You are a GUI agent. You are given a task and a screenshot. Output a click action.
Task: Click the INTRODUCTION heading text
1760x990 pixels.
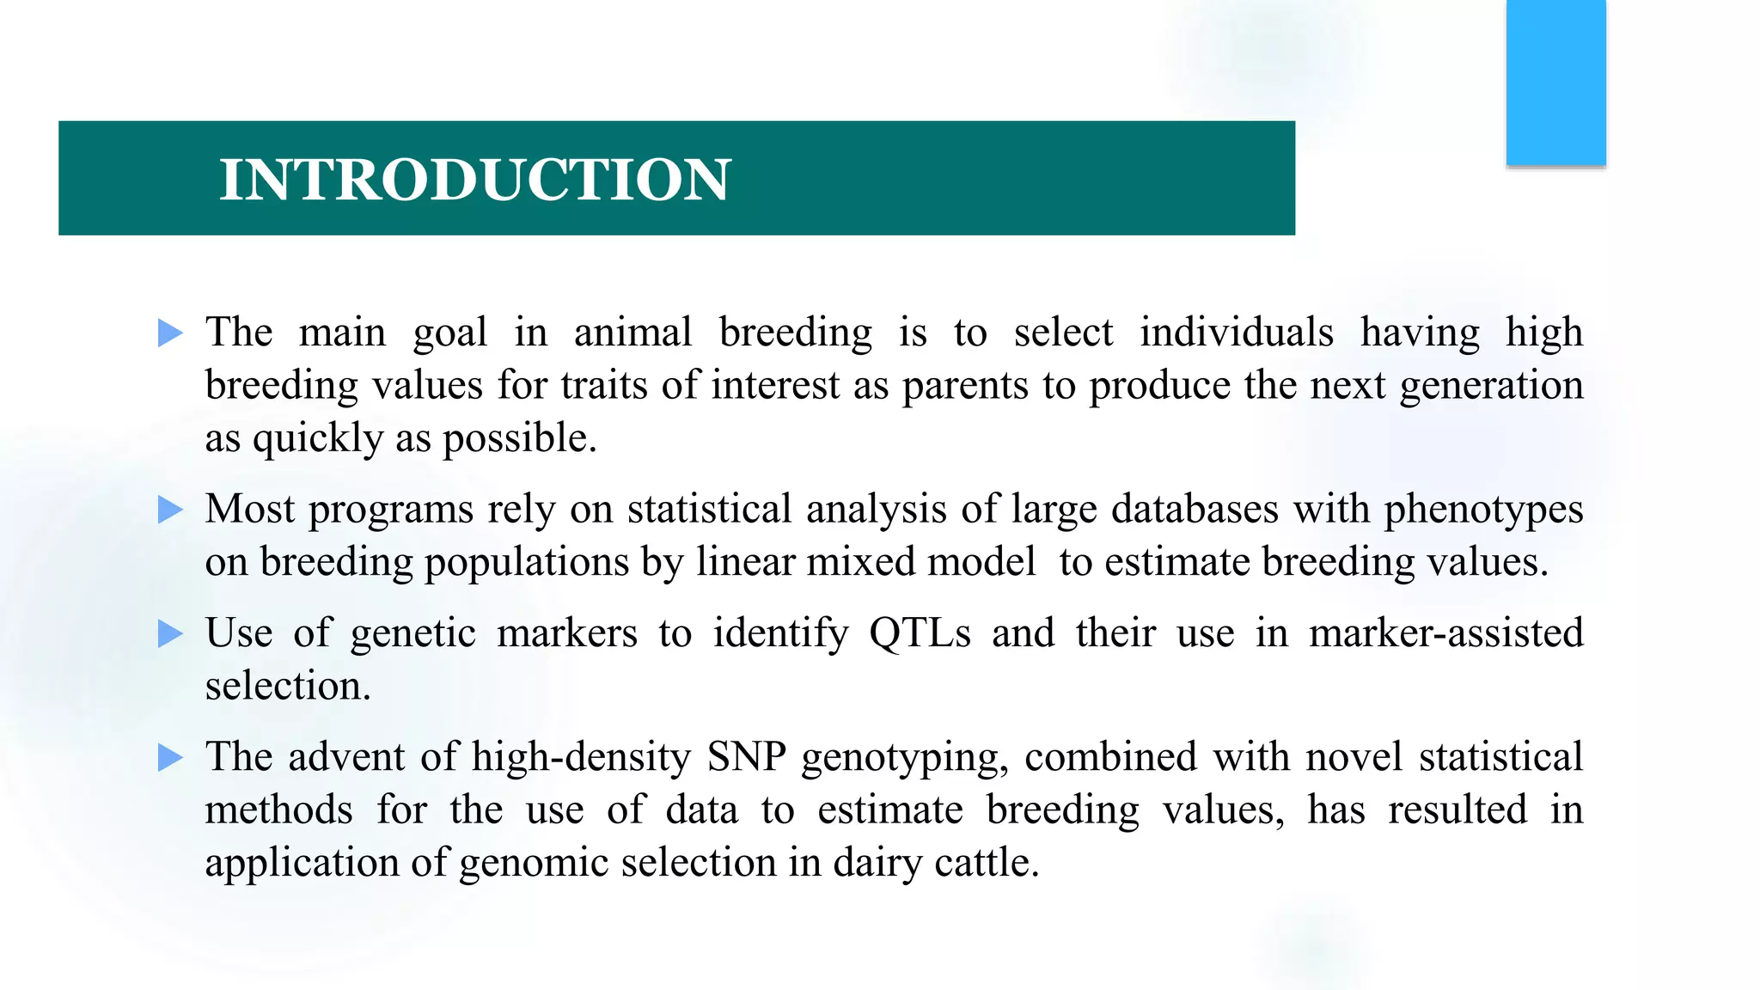[474, 180]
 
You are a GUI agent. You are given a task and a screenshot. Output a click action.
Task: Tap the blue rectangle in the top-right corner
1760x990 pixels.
[1555, 82]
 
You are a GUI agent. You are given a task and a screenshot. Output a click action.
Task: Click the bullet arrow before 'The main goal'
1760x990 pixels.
[170, 333]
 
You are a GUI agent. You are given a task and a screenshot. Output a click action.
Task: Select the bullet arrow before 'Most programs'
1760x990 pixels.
[170, 510]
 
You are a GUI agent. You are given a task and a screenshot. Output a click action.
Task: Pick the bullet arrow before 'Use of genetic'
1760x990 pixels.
[170, 634]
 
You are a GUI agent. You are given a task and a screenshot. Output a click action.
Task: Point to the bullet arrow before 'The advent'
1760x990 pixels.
[170, 758]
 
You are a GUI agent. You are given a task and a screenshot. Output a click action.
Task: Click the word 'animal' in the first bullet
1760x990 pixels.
[632, 333]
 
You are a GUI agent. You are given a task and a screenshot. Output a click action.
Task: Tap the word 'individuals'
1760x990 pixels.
[1236, 333]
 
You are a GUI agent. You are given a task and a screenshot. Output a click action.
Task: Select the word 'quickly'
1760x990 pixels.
[317, 439]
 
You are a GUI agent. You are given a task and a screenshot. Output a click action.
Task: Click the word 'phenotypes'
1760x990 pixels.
[1483, 510]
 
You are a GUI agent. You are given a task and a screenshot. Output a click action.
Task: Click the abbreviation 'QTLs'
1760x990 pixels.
[920, 633]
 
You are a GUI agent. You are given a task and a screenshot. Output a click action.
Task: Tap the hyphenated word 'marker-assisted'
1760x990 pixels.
[1445, 633]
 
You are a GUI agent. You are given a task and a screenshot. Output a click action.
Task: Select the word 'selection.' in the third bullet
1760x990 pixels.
[288, 687]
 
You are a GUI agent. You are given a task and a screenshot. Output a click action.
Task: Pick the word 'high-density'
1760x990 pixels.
[581, 757]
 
